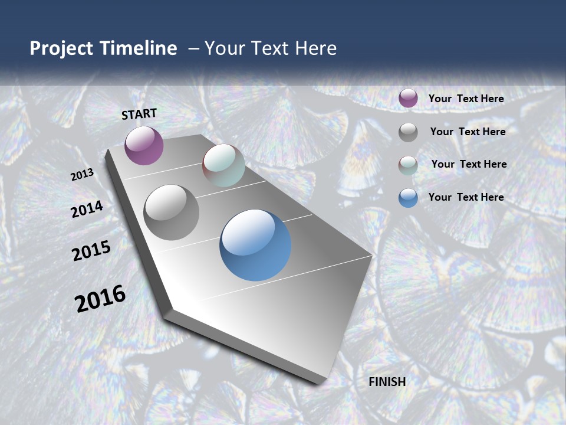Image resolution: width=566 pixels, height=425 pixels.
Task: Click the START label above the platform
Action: coord(139,114)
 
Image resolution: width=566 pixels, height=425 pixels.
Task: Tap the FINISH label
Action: coord(387,382)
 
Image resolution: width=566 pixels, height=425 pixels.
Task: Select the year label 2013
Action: coord(82,175)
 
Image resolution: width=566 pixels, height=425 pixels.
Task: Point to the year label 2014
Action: coord(87,210)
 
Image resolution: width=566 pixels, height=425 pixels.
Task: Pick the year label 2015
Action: coord(91,251)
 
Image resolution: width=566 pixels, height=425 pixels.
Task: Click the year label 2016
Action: coord(100,299)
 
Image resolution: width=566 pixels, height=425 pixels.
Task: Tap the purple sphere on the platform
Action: coord(144,145)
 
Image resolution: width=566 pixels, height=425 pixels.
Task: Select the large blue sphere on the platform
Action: coord(255,245)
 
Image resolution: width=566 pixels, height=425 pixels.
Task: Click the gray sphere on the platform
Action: coord(172,212)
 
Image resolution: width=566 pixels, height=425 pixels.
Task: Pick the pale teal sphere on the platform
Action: coord(223,165)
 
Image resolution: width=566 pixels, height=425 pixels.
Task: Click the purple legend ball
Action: coord(408,98)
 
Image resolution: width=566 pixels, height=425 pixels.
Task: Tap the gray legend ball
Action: coord(408,132)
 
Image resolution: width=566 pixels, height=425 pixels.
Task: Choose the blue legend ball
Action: coord(408,198)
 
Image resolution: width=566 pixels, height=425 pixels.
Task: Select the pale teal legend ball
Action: coord(408,165)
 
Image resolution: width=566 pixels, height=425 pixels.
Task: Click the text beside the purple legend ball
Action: coord(466,99)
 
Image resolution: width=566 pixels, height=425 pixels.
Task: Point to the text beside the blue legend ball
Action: coord(466,197)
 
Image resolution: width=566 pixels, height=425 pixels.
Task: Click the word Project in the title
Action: coord(59,48)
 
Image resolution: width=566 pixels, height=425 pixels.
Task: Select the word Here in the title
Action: coord(317,48)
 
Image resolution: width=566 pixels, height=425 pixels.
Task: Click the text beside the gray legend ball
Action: coord(468,132)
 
